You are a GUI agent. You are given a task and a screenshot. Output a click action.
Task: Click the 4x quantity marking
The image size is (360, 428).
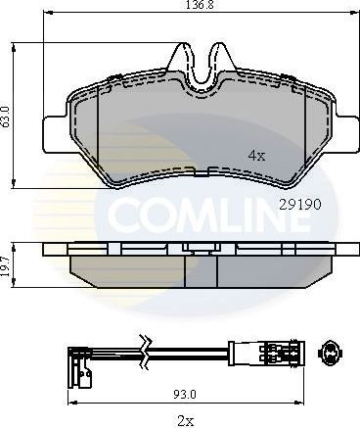pos(256,155)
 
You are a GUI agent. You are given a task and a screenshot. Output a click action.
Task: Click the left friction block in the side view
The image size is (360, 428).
pos(127,265)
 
